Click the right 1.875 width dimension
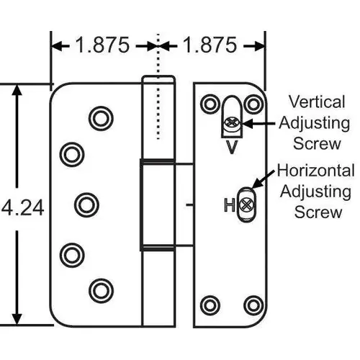pyautogui.click(x=209, y=45)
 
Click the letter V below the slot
pyautogui.click(x=231, y=148)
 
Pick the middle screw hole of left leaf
pyautogui.click(x=86, y=204)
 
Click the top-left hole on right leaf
pyautogui.click(x=210, y=104)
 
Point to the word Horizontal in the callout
pyautogui.click(x=315, y=171)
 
